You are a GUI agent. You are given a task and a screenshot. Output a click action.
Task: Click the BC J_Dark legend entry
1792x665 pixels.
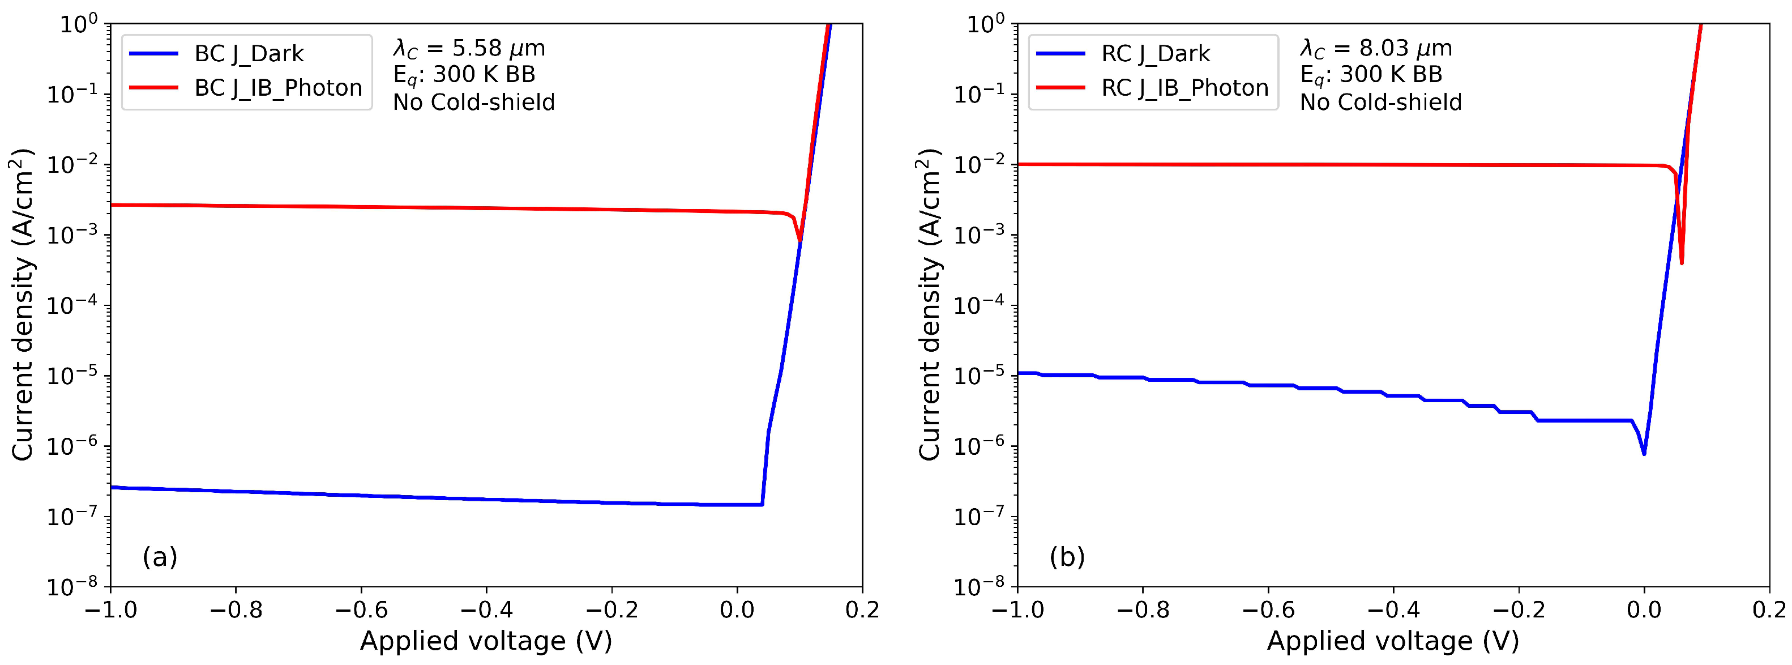(249, 54)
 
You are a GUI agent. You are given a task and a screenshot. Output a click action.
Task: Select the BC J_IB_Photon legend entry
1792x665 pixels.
(277, 88)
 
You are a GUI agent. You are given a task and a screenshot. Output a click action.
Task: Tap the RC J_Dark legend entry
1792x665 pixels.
(1155, 54)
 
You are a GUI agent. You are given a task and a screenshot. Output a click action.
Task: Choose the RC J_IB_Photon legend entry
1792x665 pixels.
(1184, 88)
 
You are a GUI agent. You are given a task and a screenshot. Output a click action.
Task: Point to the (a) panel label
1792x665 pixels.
(160, 556)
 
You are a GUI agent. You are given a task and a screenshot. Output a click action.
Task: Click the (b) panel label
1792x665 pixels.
(1067, 556)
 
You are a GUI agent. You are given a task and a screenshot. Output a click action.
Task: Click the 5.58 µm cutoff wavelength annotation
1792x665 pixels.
(469, 48)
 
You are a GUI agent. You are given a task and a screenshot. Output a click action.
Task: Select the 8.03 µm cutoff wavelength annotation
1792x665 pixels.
(1376, 48)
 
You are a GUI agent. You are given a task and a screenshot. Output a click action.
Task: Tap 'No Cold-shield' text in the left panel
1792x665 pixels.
(474, 103)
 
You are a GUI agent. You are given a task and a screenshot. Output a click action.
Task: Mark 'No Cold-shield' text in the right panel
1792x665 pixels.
(1381, 103)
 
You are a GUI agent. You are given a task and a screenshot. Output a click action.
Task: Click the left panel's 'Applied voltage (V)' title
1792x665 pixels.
(486, 641)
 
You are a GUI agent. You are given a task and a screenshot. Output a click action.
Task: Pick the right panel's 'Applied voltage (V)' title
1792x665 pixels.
(1393, 641)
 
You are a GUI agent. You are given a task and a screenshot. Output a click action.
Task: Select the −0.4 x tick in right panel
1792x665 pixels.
(1393, 611)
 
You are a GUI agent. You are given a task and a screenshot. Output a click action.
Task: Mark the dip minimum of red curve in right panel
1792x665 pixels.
(1682, 263)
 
